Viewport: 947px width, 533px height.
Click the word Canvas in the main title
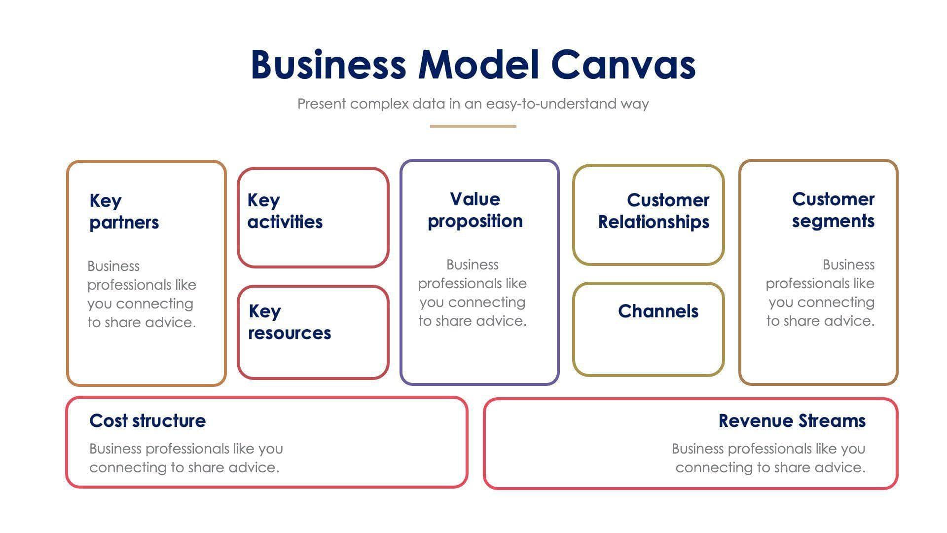point(623,65)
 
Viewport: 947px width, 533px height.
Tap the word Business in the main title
point(328,65)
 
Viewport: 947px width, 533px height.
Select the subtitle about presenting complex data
point(473,104)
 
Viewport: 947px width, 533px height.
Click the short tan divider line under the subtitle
point(473,126)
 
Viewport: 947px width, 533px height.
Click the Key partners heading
point(124,212)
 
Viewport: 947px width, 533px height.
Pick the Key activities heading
point(285,211)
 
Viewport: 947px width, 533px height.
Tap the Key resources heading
point(289,322)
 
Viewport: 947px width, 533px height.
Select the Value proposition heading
point(475,210)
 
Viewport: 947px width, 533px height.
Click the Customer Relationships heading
point(654,211)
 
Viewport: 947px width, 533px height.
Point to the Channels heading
point(658,311)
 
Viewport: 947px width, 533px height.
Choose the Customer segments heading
point(833,210)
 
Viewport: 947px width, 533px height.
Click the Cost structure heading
point(147,421)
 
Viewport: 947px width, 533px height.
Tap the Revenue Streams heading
point(792,421)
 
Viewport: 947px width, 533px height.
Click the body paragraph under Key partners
point(142,294)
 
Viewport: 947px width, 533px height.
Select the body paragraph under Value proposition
point(473,293)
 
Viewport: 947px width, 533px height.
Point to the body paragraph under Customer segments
point(820,293)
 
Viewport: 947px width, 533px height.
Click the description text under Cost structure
point(186,458)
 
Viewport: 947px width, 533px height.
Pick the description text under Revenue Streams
point(768,458)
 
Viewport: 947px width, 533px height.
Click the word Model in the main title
point(478,65)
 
